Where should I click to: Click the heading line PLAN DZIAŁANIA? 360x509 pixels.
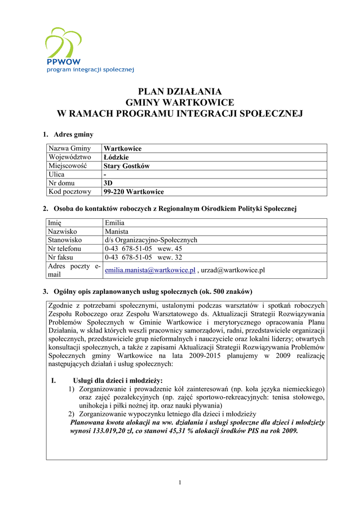180,91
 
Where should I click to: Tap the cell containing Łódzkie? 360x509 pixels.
116,157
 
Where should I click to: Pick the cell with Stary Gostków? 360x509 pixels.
126,166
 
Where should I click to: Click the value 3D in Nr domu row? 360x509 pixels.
108,183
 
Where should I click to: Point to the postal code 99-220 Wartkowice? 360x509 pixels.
133,191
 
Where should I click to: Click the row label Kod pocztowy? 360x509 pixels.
70,191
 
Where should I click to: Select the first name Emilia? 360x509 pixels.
114,223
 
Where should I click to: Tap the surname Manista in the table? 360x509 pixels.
116,231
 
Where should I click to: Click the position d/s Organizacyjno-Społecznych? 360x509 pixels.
151,240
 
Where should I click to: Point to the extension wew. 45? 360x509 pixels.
170,249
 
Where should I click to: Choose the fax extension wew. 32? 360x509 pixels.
170,257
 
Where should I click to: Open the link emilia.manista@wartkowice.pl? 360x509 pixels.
150,270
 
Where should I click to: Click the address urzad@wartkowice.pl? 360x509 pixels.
233,270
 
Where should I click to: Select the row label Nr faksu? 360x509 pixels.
63,257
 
